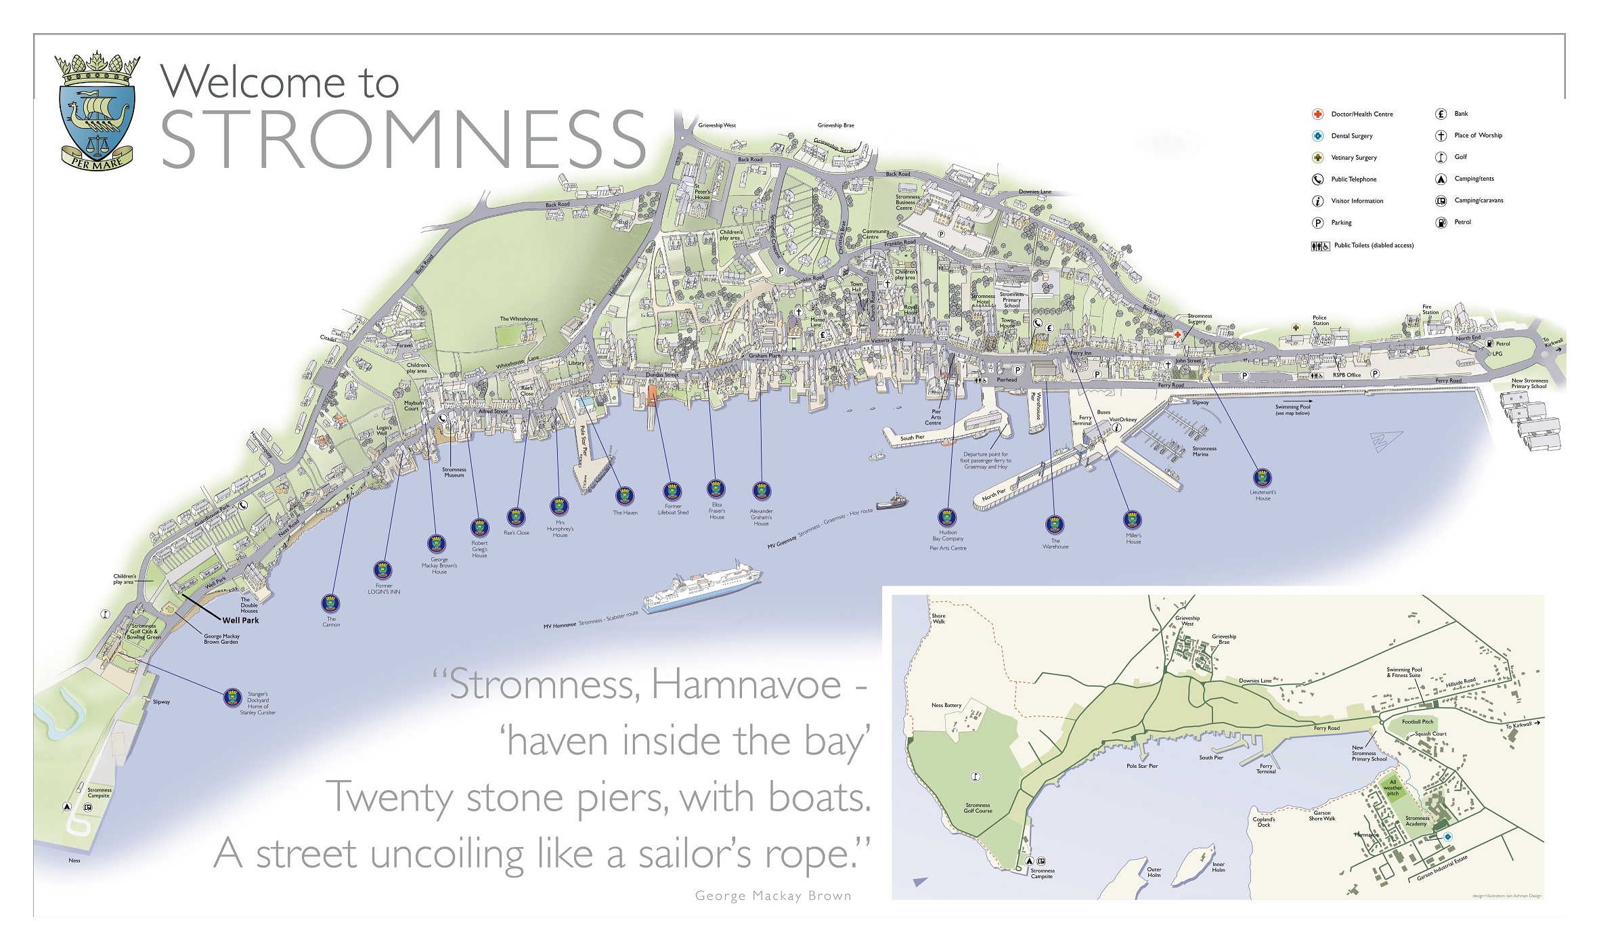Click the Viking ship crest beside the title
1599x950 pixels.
pyautogui.click(x=97, y=110)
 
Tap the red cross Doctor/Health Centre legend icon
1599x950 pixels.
pyautogui.click(x=1317, y=114)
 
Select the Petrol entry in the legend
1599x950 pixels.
pyautogui.click(x=1462, y=222)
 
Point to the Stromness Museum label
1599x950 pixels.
pyautogui.click(x=454, y=472)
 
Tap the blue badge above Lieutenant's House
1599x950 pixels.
pyautogui.click(x=1263, y=478)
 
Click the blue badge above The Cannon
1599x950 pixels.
pyautogui.click(x=330, y=603)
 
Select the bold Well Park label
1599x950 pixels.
pyautogui.click(x=240, y=620)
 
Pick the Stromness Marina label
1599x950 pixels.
pyautogui.click(x=1204, y=452)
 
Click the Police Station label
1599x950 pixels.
pyautogui.click(x=1320, y=320)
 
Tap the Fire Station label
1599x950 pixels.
pyautogui.click(x=1430, y=309)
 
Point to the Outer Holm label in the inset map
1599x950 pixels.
pyautogui.click(x=1154, y=872)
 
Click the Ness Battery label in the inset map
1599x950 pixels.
pyautogui.click(x=946, y=706)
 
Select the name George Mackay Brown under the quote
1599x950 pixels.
pyautogui.click(x=773, y=896)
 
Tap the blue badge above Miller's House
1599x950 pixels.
pyautogui.click(x=1133, y=520)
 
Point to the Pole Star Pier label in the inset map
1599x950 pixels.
pyautogui.click(x=1142, y=766)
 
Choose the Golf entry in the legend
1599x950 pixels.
pyautogui.click(x=1460, y=157)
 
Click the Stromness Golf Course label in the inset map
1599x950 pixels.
pyautogui.click(x=978, y=808)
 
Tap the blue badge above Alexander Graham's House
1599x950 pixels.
pyautogui.click(x=762, y=490)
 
